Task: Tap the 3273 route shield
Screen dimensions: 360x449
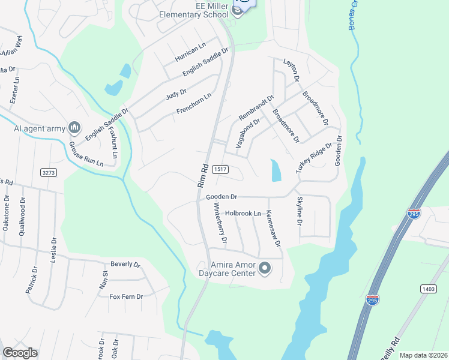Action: [x=49, y=172]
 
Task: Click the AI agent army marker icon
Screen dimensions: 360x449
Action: [x=74, y=127]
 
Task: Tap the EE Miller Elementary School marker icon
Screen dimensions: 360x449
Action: [x=237, y=11]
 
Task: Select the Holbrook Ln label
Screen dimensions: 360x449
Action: [x=243, y=213]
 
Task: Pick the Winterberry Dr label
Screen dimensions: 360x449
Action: [x=220, y=223]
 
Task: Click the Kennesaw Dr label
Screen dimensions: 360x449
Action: [x=273, y=226]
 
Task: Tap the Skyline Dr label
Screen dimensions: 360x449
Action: [x=298, y=211]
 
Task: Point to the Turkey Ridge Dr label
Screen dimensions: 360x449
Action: [x=314, y=158]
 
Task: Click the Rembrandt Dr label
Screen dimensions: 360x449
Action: [x=256, y=107]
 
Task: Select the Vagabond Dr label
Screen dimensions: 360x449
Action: [x=248, y=133]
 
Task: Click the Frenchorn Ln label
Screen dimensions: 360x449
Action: [x=194, y=104]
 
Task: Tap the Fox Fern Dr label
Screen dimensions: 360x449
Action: [x=126, y=296]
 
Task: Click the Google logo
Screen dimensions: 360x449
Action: [x=20, y=353]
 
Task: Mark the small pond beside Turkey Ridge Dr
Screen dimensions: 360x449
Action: [x=276, y=170]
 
